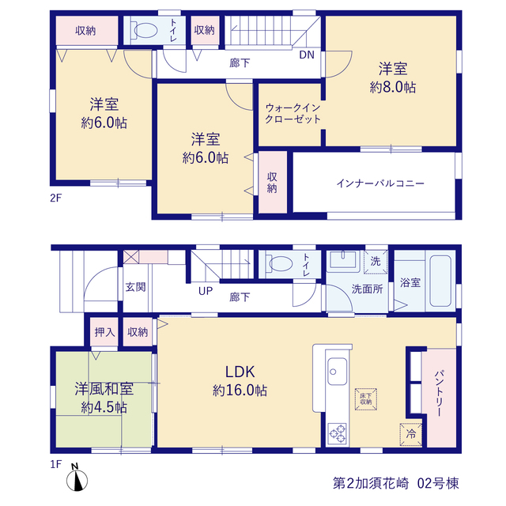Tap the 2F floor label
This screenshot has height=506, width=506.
(x=55, y=198)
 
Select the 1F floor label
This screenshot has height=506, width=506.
(x=55, y=464)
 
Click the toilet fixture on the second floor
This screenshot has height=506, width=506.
(x=144, y=30)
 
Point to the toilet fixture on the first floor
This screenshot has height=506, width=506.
(x=278, y=263)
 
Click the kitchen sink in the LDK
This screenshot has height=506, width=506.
(x=338, y=372)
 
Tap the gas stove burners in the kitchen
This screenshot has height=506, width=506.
(x=338, y=434)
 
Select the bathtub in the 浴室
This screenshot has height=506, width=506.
(x=440, y=281)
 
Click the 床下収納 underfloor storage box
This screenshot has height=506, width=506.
(x=366, y=398)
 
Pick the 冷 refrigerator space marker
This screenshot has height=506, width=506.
(x=411, y=434)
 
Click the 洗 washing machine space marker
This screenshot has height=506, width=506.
(x=376, y=262)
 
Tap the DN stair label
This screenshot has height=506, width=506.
(x=307, y=55)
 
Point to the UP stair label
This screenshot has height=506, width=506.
(x=206, y=291)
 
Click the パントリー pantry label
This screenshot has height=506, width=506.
(x=440, y=393)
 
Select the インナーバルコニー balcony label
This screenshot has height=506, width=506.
(x=380, y=183)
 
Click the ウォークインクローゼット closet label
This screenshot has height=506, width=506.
(x=293, y=113)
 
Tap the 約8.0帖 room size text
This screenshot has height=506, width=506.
(x=393, y=87)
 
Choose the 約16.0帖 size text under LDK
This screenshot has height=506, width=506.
(x=240, y=391)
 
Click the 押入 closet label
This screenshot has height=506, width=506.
(x=104, y=332)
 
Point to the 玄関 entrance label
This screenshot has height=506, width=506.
(x=135, y=286)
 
